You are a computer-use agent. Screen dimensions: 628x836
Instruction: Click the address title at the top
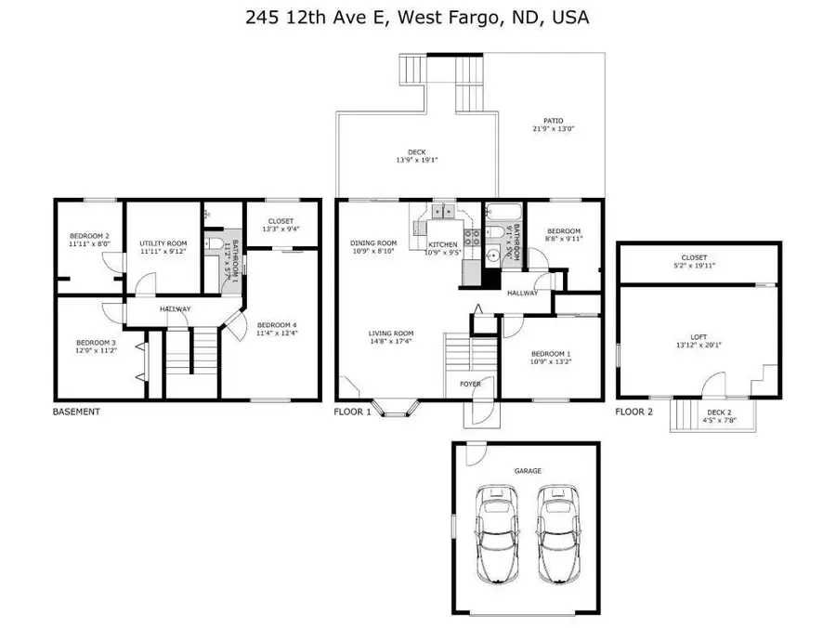click(417, 17)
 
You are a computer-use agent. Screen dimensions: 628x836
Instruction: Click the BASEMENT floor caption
click(76, 411)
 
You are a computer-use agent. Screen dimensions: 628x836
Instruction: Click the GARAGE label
click(528, 470)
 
